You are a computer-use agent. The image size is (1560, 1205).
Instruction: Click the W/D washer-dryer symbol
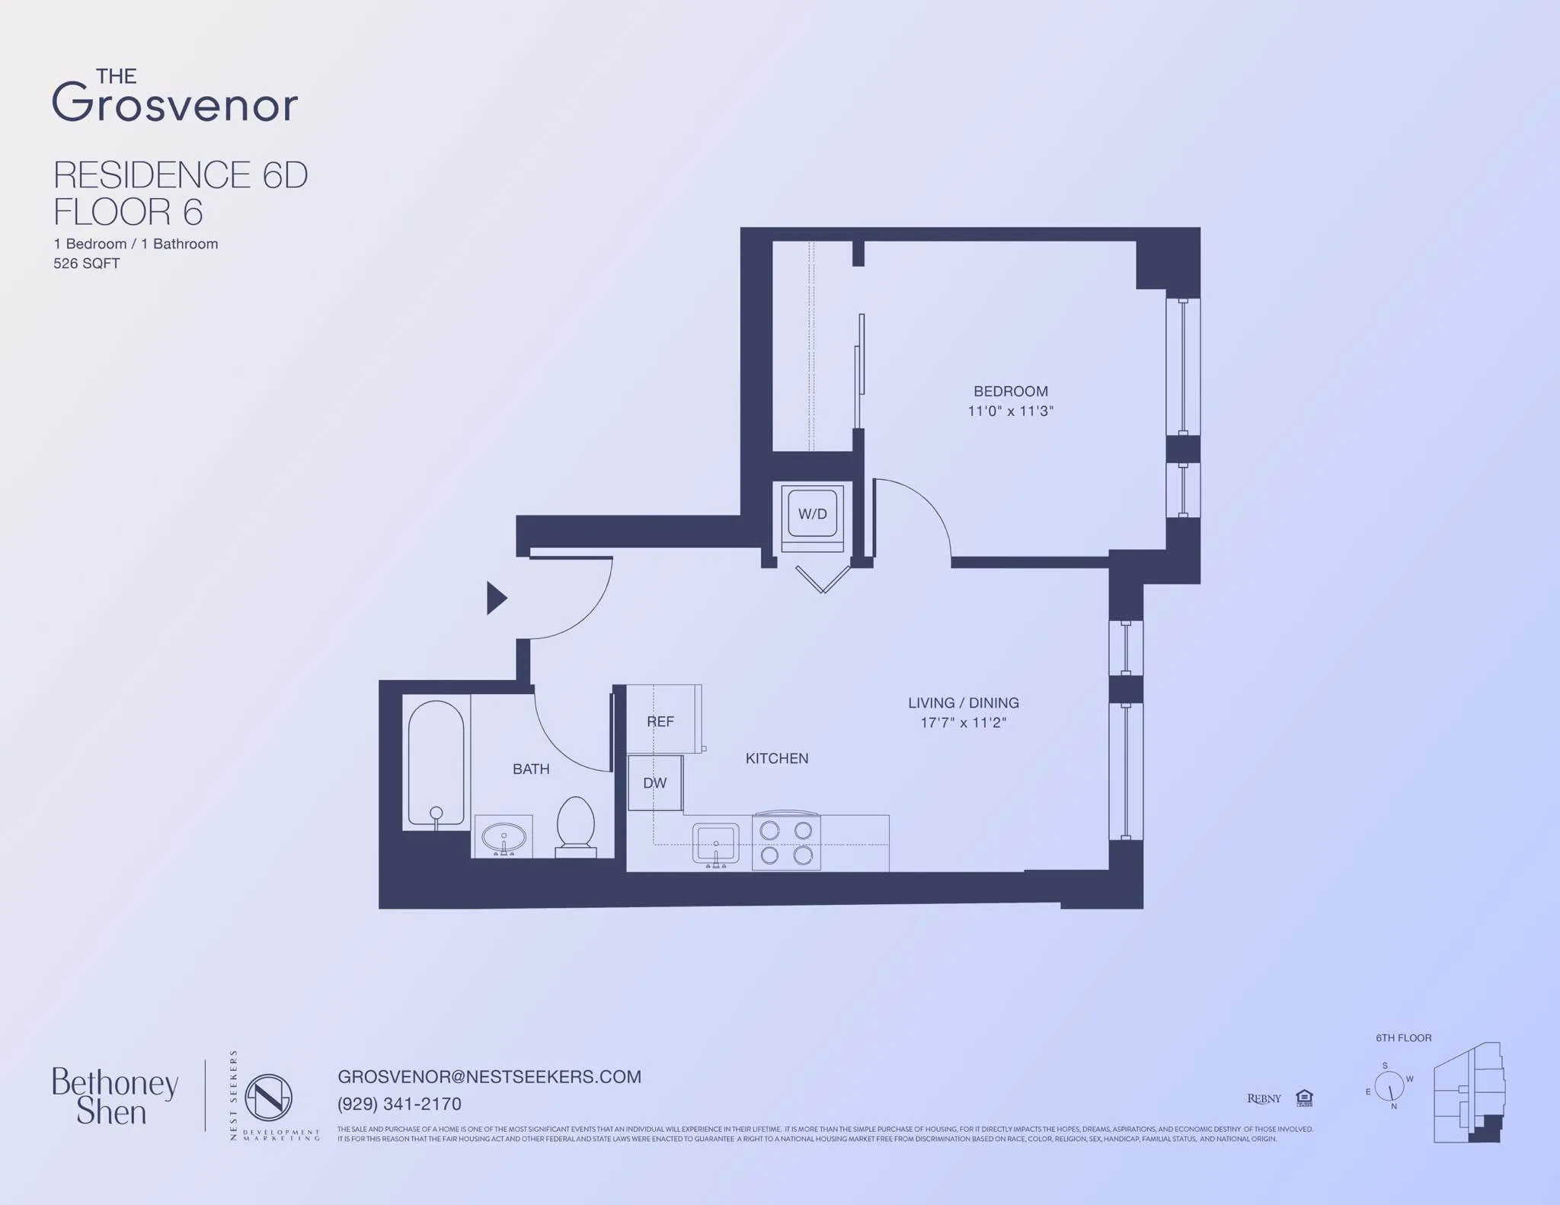(x=812, y=514)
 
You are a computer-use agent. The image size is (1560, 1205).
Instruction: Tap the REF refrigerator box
(x=661, y=721)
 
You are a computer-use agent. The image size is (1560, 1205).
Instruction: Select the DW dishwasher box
(x=654, y=783)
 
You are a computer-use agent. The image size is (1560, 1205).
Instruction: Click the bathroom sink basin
(x=503, y=837)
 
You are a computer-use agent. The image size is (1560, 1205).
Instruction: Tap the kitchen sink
(x=715, y=843)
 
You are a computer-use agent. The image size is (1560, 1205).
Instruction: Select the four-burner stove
(x=786, y=842)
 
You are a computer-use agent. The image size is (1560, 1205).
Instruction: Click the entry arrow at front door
(x=496, y=598)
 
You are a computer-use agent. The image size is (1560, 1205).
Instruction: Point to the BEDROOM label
(x=1010, y=392)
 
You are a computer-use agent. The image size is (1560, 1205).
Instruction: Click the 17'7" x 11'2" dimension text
(x=963, y=723)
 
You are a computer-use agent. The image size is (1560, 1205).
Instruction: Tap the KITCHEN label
(x=776, y=759)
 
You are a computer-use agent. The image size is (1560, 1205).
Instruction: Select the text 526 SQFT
(x=87, y=264)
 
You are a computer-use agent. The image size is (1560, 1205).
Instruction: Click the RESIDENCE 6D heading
(x=181, y=175)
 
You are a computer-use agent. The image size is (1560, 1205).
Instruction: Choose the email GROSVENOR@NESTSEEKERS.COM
(x=489, y=1077)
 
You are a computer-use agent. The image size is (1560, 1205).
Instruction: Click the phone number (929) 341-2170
(x=399, y=1104)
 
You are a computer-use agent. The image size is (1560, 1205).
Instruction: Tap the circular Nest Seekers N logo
(x=268, y=1098)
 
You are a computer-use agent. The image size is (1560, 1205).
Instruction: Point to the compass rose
(x=1389, y=1086)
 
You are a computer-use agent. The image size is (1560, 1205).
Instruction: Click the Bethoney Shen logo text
(x=114, y=1097)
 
